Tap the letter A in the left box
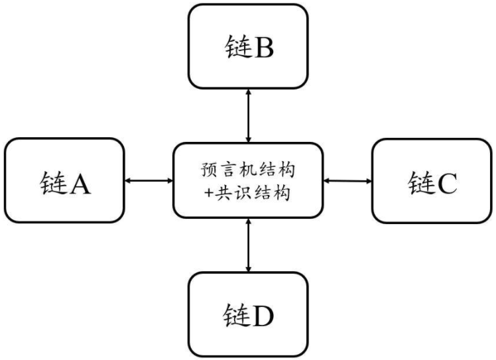(80, 184)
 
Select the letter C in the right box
(447, 183)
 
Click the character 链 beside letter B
(239, 46)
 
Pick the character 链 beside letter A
(54, 182)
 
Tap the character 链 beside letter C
(421, 182)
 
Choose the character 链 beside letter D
(237, 315)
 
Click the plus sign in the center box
(208, 192)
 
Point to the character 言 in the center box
(227, 170)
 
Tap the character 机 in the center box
(247, 170)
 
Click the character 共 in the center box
(223, 193)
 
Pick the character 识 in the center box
(242, 193)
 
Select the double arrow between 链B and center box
(248, 116)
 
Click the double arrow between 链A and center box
(149, 180)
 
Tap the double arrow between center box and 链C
(347, 181)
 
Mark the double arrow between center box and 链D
(248, 245)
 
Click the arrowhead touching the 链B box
(248, 91)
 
